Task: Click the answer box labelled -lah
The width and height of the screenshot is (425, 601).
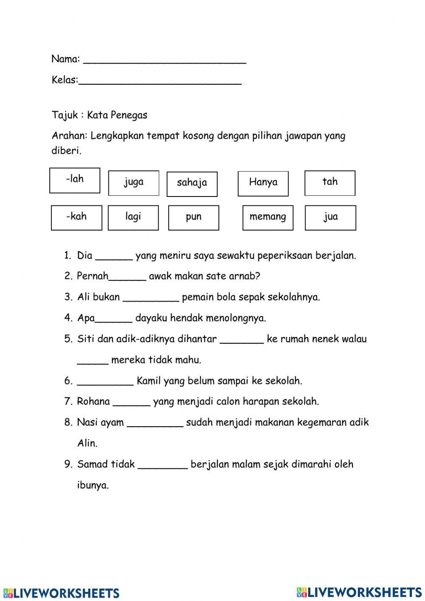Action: pyautogui.click(x=75, y=180)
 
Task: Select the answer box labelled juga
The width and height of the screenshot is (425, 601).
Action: pyautogui.click(x=133, y=183)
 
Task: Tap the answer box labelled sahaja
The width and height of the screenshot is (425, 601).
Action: pyautogui.click(x=192, y=184)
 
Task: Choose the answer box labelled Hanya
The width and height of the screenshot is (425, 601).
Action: pyautogui.click(x=263, y=183)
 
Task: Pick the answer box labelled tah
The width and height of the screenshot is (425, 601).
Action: pyautogui.click(x=330, y=183)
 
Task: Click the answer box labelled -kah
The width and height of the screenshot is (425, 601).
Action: pyautogui.click(x=76, y=218)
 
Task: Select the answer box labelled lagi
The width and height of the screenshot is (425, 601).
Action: pyautogui.click(x=133, y=218)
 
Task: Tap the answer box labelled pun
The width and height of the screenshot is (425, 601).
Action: pyautogui.click(x=193, y=218)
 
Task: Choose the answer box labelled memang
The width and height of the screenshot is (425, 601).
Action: pyautogui.click(x=268, y=218)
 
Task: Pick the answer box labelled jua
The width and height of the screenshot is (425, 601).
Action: pyautogui.click(x=330, y=218)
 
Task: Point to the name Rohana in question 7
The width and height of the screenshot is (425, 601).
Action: pyautogui.click(x=93, y=402)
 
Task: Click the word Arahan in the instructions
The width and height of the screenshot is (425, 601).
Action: pyautogui.click(x=69, y=136)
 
